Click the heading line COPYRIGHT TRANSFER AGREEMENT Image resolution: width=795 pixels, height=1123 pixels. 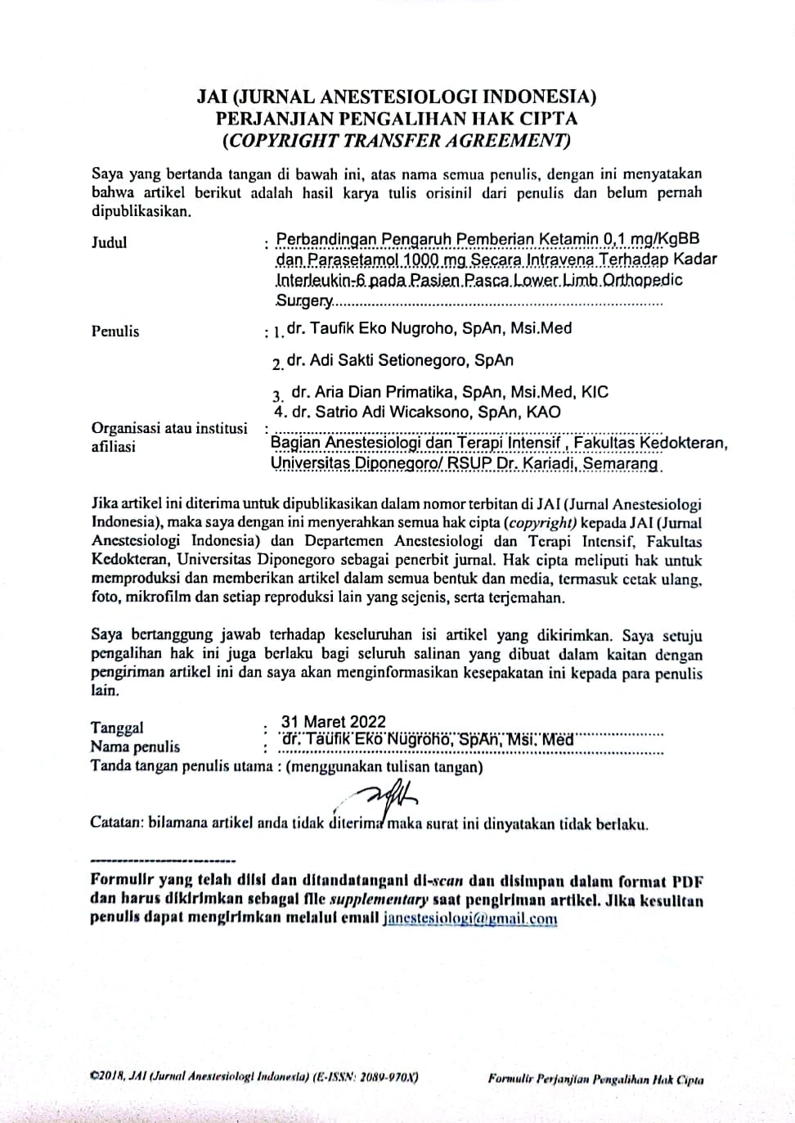pos(397,140)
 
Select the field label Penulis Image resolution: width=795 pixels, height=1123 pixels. pos(115,331)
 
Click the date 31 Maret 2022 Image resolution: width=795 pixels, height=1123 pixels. pos(333,721)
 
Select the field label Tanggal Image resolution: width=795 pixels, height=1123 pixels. pos(117,728)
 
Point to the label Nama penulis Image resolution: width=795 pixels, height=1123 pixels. pos(135,746)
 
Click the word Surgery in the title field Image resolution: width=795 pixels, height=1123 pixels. pos(304,300)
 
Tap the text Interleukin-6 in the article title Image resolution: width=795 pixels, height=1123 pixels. pos(320,280)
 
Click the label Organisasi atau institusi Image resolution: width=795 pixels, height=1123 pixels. pos(169,428)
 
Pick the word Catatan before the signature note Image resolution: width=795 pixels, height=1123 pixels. pos(116,823)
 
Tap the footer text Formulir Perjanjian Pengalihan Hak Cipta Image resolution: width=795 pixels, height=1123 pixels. pos(595,1079)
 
